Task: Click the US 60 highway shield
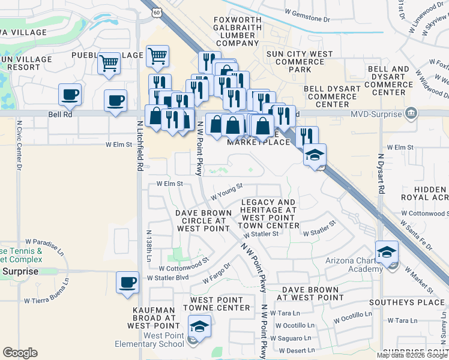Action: pyautogui.click(x=156, y=12)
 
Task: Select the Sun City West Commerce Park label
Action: pyautogui.click(x=300, y=62)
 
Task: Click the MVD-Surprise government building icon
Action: pyautogui.click(x=411, y=112)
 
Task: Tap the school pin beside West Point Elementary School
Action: pyautogui.click(x=198, y=327)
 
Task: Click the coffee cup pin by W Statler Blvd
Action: pyautogui.click(x=127, y=282)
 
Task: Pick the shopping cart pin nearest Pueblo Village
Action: pyautogui.click(x=109, y=62)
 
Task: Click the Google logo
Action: pyautogui.click(x=20, y=353)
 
